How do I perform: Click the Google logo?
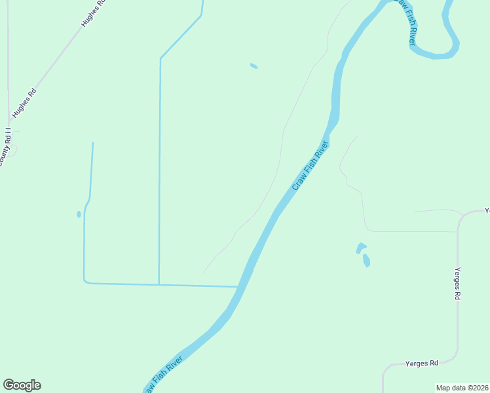22,385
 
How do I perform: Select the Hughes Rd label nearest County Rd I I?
24,103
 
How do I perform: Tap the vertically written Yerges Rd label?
457,284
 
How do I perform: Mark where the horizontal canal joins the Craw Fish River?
238,286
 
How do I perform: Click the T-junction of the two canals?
159,284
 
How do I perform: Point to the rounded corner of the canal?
86,282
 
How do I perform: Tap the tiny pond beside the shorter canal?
79,214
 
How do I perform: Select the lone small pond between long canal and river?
254,65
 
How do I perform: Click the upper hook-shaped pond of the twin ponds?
360,248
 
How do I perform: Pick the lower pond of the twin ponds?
366,261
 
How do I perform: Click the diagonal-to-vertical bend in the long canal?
160,58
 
